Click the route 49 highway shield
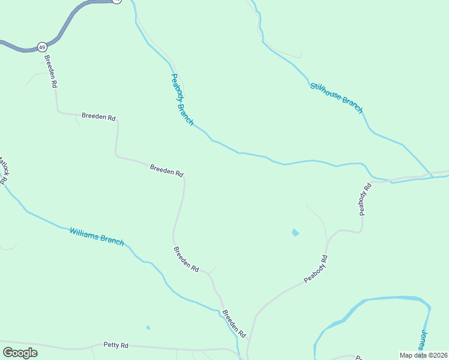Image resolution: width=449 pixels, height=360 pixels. coord(41,46)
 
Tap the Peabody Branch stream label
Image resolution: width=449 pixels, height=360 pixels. coord(182,100)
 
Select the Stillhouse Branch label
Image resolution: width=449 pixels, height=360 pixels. coord(337,97)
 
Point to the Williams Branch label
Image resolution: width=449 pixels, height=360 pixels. coord(97,236)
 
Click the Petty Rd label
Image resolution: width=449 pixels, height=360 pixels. coord(116,345)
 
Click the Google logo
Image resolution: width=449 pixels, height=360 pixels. coord(20,353)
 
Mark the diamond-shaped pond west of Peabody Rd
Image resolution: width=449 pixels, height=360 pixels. coord(295,232)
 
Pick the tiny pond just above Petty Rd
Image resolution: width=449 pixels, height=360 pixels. coord(148,328)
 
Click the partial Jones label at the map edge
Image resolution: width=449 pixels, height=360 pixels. coord(423,340)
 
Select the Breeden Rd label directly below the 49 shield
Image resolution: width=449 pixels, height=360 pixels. coord(50,72)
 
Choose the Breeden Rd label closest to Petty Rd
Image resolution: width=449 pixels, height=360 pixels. coord(234,323)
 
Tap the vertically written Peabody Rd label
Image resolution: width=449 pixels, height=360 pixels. coord(365,199)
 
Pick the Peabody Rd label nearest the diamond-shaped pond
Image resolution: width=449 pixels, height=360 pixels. coord(316,269)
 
